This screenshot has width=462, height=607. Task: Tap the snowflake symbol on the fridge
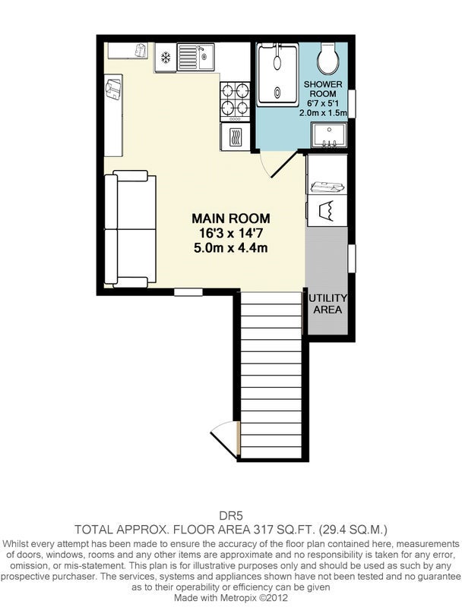(166, 58)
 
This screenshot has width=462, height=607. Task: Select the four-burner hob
(235, 102)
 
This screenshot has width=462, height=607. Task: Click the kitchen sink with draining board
(196, 57)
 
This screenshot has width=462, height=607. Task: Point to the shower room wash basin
(329, 136)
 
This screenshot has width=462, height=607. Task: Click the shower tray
(278, 75)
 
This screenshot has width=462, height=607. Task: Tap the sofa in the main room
(130, 229)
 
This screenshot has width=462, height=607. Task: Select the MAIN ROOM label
(231, 219)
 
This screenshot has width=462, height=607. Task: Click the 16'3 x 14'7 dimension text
(231, 233)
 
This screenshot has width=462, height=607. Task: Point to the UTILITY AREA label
(328, 304)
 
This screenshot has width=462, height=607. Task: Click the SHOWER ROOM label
(323, 89)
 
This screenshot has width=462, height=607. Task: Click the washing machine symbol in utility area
(327, 211)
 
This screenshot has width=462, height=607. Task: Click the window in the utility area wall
(352, 258)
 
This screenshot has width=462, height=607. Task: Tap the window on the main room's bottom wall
(188, 292)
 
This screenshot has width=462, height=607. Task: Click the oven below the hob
(235, 137)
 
